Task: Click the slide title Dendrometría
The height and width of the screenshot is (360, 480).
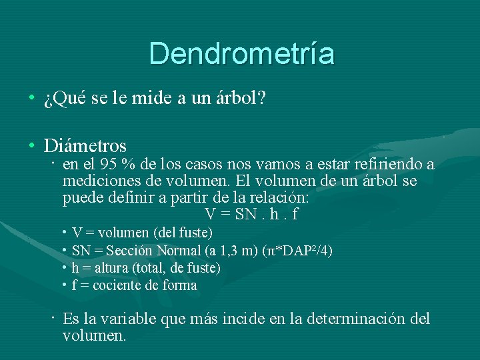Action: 241,53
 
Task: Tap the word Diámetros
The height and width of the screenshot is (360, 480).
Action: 85,145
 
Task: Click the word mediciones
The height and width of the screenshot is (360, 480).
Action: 96,181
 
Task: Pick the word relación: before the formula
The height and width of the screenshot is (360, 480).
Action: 279,198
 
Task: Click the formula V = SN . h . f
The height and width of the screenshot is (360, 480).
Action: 251,215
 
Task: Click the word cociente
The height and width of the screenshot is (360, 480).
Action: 115,285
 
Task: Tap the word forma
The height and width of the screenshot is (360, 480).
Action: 180,285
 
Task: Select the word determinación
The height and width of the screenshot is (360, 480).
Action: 350,319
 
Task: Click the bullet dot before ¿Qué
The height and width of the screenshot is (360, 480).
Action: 31,99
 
